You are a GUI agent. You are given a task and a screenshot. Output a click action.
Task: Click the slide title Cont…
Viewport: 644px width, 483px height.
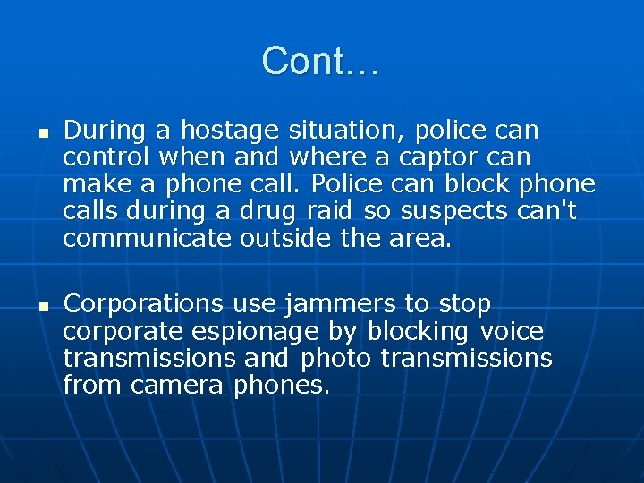(x=321, y=61)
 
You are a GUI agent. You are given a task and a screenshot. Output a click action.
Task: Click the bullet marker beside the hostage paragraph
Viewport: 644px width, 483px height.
(x=41, y=131)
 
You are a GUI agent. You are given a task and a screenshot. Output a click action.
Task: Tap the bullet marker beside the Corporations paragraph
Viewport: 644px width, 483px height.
(x=41, y=305)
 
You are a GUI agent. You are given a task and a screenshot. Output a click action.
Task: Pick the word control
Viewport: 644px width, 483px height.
(x=106, y=157)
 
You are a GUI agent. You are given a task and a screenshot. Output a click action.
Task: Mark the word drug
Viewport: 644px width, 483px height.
(x=272, y=211)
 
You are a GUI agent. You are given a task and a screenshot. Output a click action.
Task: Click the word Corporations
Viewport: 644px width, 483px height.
(x=142, y=305)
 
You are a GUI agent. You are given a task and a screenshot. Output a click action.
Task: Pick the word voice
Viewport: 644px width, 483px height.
(x=512, y=332)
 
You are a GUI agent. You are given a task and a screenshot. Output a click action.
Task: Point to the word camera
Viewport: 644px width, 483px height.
(x=177, y=386)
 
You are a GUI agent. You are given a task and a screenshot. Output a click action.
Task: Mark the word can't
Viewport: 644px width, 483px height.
(x=555, y=211)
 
